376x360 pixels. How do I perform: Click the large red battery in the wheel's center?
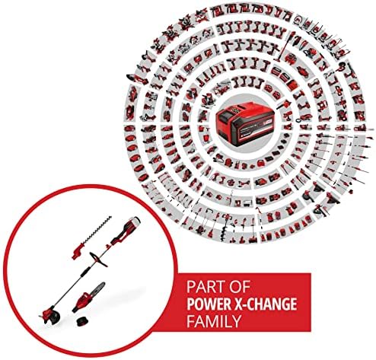[x=245, y=123]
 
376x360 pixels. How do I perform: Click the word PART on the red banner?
[x=205, y=287]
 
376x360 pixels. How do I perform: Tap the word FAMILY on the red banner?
[x=214, y=321]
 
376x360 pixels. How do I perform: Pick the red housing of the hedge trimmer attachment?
[x=78, y=251]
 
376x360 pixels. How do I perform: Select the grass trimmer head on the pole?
[x=49, y=316]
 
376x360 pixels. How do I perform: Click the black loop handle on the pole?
[x=98, y=260]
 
